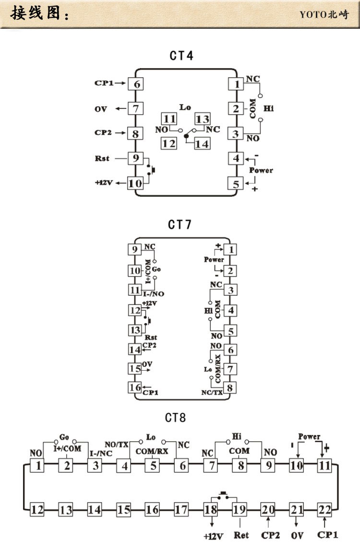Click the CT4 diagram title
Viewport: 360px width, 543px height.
pyautogui.click(x=181, y=56)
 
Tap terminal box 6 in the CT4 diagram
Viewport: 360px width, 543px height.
pyautogui.click(x=135, y=84)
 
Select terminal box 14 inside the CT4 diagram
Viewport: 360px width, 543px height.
pyautogui.click(x=202, y=143)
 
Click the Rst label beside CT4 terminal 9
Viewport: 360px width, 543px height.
pyautogui.click(x=103, y=157)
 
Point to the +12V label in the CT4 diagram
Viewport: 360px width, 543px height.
pyautogui.click(x=105, y=182)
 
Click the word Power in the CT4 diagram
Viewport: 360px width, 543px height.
pyautogui.click(x=261, y=170)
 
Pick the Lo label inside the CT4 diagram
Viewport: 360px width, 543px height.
pyautogui.click(x=185, y=107)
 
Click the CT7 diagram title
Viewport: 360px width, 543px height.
pyautogui.click(x=180, y=224)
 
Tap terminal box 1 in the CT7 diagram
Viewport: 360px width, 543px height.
pyautogui.click(x=231, y=249)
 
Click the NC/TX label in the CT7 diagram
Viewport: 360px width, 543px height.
pyautogui.click(x=212, y=392)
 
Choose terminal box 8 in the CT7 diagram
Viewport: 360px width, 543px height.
pyautogui.click(x=231, y=387)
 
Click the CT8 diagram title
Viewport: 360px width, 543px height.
pyautogui.click(x=175, y=417)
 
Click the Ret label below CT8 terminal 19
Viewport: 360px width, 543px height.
pyautogui.click(x=240, y=534)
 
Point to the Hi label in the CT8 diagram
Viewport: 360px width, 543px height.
pyautogui.click(x=236, y=436)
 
